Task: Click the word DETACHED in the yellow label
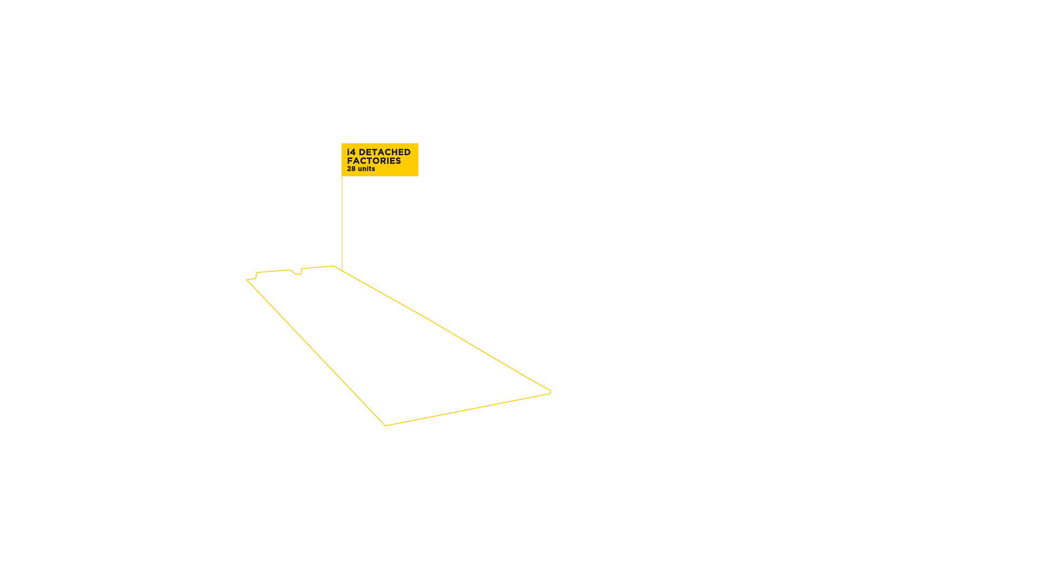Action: click(384, 152)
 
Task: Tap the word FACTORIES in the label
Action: click(374, 161)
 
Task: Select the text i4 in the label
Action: click(351, 152)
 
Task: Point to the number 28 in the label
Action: click(351, 169)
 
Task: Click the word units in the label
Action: click(366, 169)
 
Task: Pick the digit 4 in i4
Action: click(353, 152)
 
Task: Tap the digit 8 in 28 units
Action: click(353, 169)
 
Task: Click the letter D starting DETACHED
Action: click(362, 152)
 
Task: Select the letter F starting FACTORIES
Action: click(350, 161)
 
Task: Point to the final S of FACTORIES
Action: click(398, 161)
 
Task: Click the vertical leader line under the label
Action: click(342, 222)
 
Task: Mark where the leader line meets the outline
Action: click(342, 270)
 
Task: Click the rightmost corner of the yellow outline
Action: click(550, 392)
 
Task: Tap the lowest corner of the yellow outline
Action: click(385, 425)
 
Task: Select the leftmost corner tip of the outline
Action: click(247, 279)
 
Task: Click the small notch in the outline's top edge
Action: click(297, 274)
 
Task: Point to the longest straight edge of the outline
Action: click(444, 329)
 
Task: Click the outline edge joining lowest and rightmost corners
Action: click(468, 409)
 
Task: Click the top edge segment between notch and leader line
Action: click(318, 268)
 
